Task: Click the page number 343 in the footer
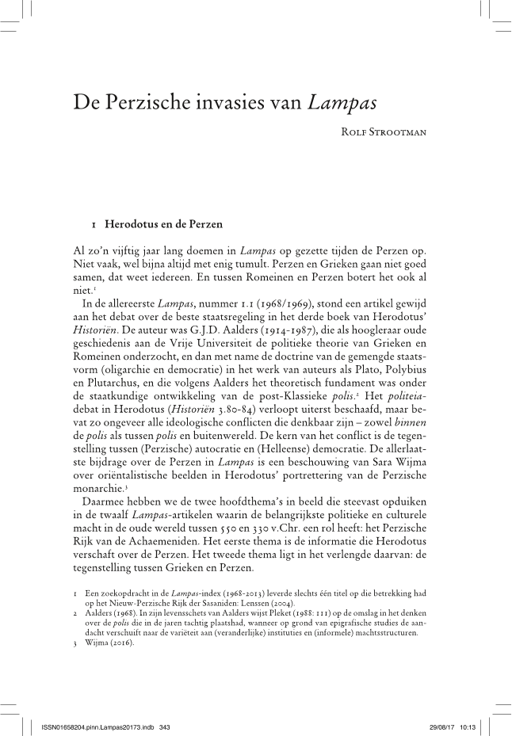click(x=165, y=726)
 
